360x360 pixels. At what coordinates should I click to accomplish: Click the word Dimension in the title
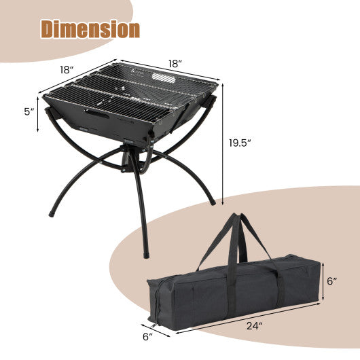[90, 29]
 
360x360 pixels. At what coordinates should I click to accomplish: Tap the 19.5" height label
[240, 143]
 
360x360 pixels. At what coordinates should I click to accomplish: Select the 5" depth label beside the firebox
[27, 111]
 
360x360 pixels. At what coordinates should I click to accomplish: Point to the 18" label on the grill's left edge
[67, 69]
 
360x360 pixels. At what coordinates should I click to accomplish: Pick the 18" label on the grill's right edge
[176, 63]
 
